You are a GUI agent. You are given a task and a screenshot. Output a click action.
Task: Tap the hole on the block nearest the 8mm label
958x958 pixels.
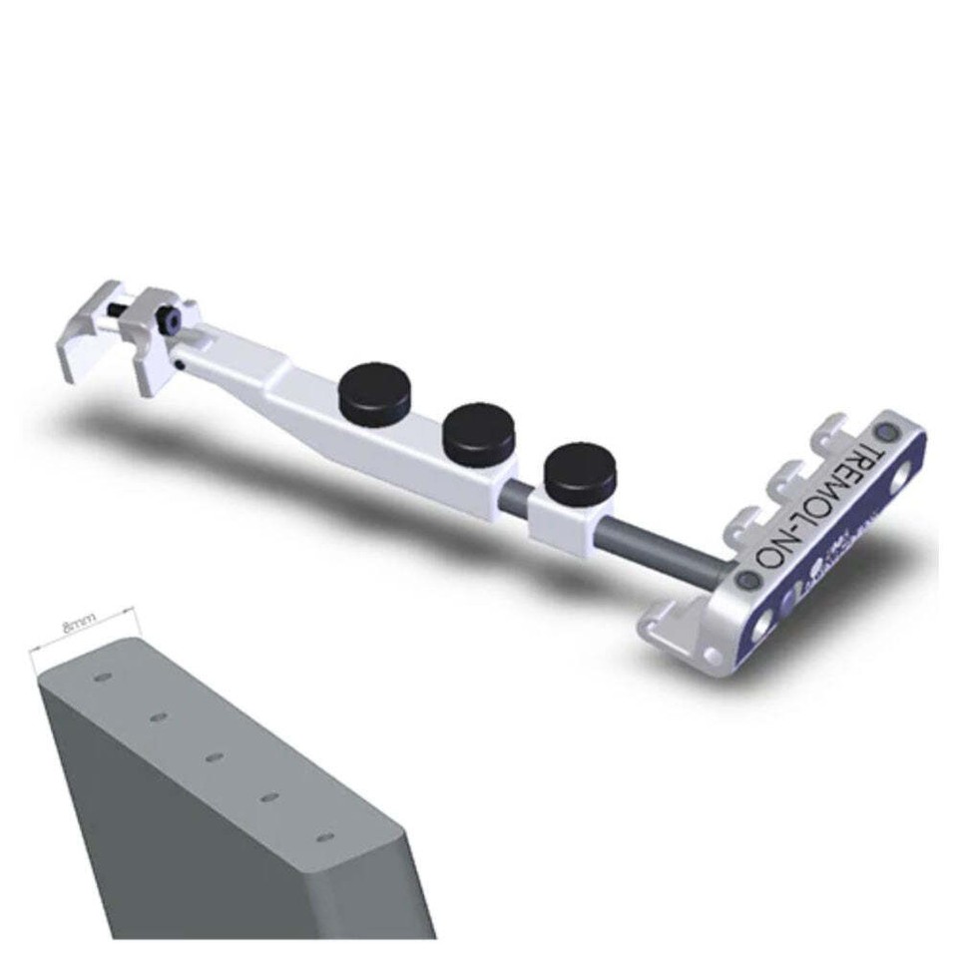tap(101, 678)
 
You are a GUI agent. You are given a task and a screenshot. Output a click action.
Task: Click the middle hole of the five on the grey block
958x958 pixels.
tap(213, 757)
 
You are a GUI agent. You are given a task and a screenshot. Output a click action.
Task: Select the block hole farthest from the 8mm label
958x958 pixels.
tap(323, 836)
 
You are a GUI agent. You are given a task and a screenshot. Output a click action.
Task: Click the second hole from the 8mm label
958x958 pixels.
tap(157, 717)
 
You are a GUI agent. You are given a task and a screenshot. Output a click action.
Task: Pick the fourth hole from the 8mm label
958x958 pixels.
tap(268, 796)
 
